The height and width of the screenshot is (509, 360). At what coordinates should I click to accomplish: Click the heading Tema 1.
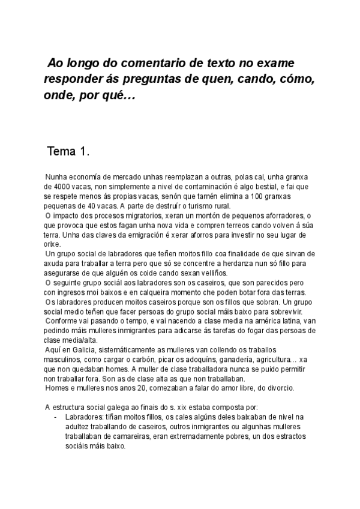pos(68,151)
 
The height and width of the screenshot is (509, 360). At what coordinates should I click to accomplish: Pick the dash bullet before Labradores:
pos(56,416)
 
